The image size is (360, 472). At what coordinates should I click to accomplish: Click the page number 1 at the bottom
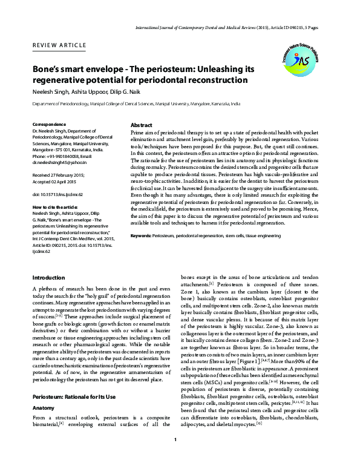[x=175, y=456]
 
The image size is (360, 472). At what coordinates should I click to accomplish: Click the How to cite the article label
[x=55, y=206]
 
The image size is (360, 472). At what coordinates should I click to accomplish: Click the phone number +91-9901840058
[x=61, y=157]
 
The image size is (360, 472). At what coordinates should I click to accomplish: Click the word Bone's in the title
[x=48, y=70]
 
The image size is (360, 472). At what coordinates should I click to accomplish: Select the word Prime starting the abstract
[x=139, y=131]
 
